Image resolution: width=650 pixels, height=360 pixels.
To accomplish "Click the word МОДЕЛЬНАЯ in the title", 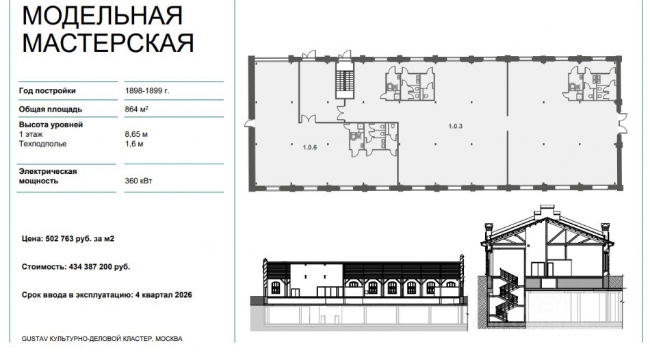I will click(103, 14).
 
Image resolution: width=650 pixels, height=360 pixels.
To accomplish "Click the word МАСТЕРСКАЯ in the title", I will click(108, 42).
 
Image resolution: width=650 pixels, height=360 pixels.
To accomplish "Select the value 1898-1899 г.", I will click(146, 91).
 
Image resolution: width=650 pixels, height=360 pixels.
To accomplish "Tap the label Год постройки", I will click(48, 91).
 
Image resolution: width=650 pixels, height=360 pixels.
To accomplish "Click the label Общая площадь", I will click(51, 109).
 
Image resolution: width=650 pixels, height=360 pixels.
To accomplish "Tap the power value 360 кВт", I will click(139, 181).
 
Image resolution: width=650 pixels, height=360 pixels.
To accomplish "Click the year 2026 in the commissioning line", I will click(181, 294).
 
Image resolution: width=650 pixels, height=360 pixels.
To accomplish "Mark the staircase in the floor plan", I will click(343, 83).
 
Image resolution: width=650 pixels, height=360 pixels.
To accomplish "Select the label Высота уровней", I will click(52, 125).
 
